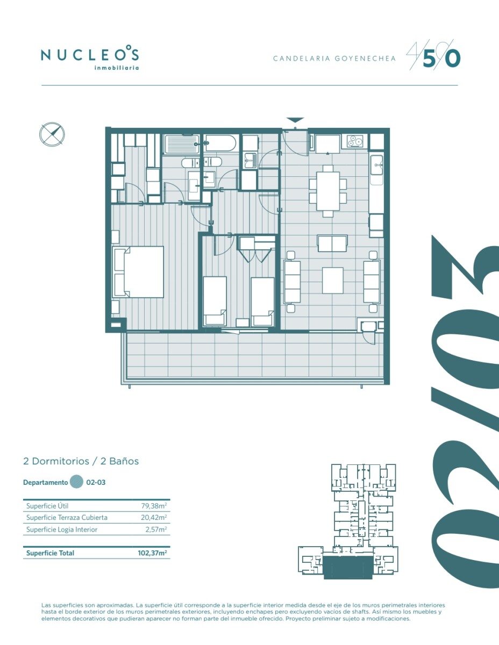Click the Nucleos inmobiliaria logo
tap(90, 59)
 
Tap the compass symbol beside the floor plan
tap(52, 134)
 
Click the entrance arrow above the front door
tap(295, 120)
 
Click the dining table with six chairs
tap(328, 191)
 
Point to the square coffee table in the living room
tap(333, 280)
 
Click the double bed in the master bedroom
tap(138, 271)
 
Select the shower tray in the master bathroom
tap(182, 144)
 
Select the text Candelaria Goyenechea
tap(334, 59)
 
